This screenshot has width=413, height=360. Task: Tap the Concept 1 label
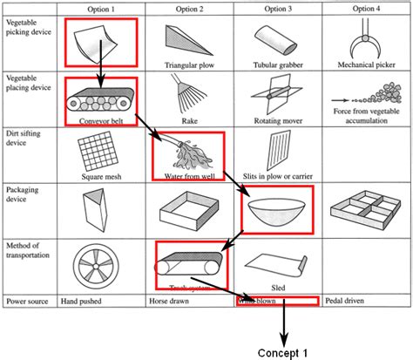tap(283, 352)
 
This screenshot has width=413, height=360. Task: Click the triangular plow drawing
tap(187, 37)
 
